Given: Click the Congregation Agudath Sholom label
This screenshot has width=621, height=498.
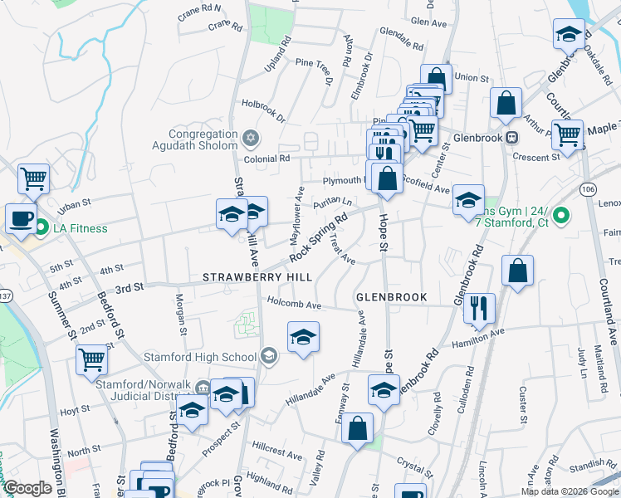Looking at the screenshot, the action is click(x=203, y=140).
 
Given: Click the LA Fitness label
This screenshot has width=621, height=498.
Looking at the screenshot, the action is click(x=80, y=228).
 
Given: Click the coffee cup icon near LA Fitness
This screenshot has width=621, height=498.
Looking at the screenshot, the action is click(x=22, y=218).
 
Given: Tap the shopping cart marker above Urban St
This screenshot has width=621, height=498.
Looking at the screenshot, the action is click(x=33, y=178).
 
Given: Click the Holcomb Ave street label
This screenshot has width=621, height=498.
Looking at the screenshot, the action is click(x=293, y=305).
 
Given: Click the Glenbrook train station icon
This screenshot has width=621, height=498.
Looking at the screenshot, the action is click(x=512, y=138).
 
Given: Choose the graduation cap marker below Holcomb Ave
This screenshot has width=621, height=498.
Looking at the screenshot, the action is click(x=303, y=337).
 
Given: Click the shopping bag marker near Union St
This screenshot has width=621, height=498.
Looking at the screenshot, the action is click(x=436, y=80).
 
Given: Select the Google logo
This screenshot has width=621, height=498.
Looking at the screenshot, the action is click(x=28, y=488).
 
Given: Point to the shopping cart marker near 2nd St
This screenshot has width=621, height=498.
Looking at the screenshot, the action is click(x=91, y=360).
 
